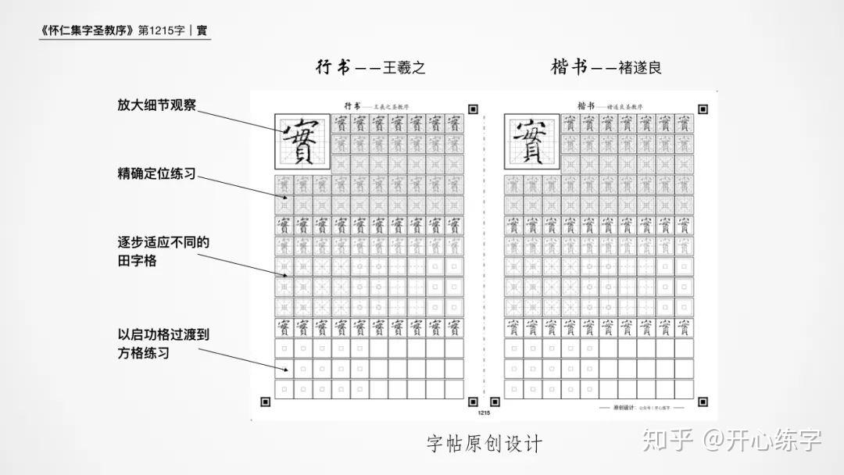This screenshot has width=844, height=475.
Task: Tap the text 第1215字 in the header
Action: pos(161,31)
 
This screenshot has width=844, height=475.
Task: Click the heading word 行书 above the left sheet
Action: pos(331,67)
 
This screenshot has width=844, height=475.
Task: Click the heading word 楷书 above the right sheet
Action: pos(569,67)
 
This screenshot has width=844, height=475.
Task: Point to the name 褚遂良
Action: pos(641,68)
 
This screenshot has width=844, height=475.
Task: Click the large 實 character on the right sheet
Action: pos(531,141)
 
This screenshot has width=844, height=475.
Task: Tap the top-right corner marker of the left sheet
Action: pos(473,109)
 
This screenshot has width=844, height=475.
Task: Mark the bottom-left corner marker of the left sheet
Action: pos(265,402)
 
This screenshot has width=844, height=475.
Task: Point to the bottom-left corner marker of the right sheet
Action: pos(494,402)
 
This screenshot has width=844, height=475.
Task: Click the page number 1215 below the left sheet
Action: pos(483,412)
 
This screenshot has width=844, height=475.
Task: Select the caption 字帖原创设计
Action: pos(485,444)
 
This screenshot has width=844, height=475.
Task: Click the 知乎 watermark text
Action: pos(667,440)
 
